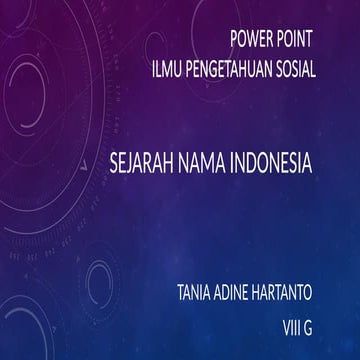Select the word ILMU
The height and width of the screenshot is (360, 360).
pos(165,70)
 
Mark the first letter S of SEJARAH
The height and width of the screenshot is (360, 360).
pos(116,159)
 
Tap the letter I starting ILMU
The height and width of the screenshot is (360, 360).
pos(151,70)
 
